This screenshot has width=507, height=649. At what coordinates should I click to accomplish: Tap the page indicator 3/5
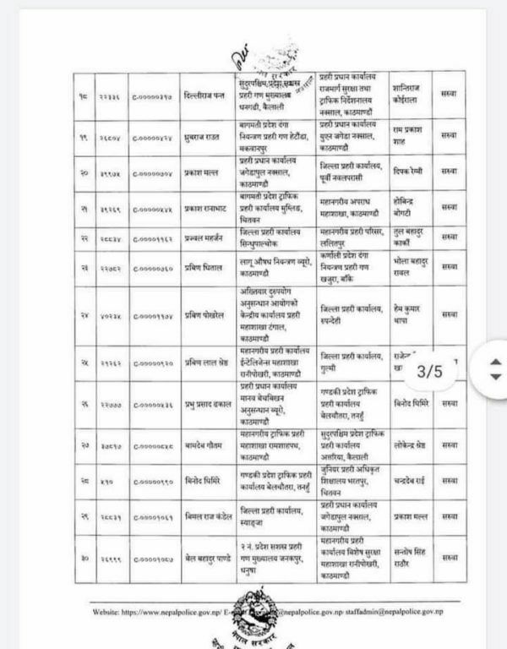click(x=439, y=370)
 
